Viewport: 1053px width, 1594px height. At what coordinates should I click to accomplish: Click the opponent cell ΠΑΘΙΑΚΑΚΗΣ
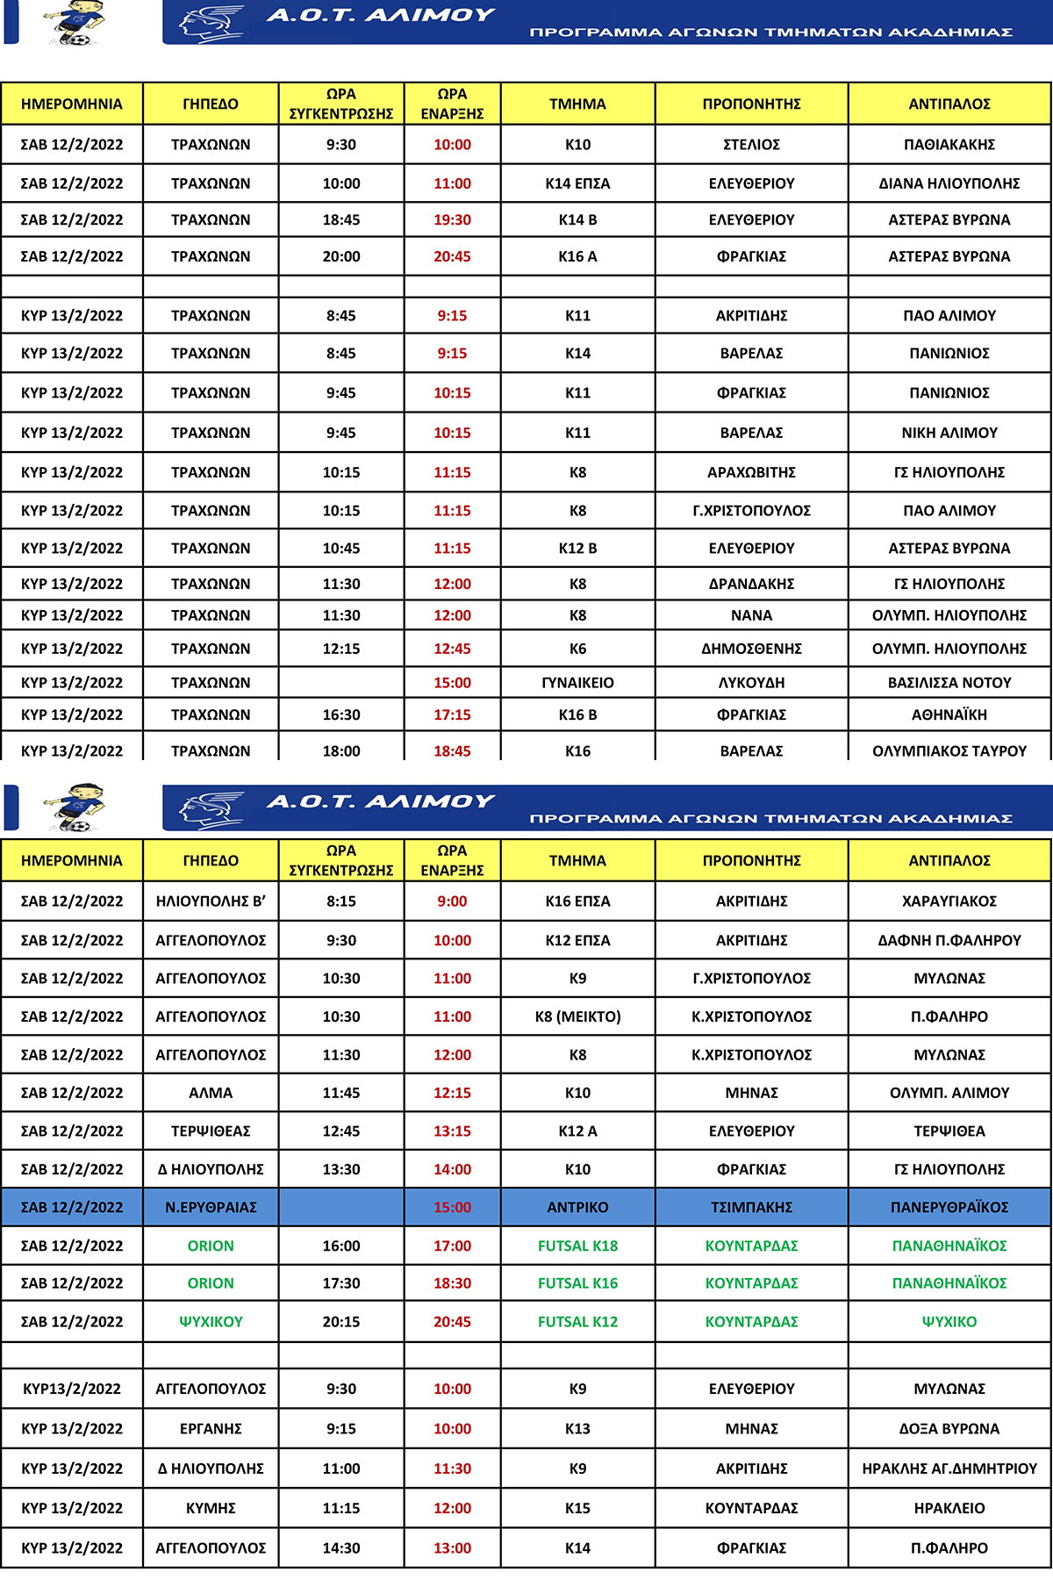pos(949,145)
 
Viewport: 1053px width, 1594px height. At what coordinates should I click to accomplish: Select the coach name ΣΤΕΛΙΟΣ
pos(751,145)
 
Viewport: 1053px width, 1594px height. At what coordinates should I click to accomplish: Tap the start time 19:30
pos(452,219)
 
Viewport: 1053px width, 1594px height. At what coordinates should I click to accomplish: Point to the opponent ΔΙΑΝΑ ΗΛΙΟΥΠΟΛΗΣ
pos(949,183)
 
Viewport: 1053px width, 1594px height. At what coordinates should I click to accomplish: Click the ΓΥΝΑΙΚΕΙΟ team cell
pos(577,682)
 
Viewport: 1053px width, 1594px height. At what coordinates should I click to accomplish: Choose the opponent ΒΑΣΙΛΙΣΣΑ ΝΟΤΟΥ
pos(949,682)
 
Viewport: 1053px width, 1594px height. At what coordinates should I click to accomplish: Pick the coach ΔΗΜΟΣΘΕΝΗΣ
pos(751,649)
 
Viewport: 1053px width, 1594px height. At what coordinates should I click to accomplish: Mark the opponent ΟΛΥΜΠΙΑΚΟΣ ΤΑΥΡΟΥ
pos(949,750)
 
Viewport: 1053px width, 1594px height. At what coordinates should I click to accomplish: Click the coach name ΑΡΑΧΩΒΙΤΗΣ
pos(751,472)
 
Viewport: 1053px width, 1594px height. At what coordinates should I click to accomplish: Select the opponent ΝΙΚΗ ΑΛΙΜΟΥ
pos(949,433)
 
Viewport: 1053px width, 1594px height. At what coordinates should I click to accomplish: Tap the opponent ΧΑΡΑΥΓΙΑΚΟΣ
pos(949,901)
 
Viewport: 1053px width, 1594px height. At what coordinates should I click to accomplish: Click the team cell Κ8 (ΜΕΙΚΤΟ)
pos(577,1016)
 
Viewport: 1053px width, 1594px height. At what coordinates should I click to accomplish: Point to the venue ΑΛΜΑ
pos(211,1093)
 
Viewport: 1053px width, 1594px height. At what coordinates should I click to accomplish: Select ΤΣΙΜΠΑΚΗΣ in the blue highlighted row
pos(751,1207)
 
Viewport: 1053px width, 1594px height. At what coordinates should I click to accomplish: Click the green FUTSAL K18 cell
pos(577,1246)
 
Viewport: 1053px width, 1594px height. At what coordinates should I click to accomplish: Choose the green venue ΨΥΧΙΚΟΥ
pos(211,1321)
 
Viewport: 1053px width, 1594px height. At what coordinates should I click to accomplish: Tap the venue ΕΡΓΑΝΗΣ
pos(211,1428)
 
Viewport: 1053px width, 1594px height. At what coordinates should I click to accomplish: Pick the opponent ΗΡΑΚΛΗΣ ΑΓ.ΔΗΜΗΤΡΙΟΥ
pos(949,1468)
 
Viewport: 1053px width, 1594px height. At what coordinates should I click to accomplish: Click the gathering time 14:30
pos(340,1547)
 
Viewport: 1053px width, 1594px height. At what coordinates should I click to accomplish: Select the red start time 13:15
pos(452,1131)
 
